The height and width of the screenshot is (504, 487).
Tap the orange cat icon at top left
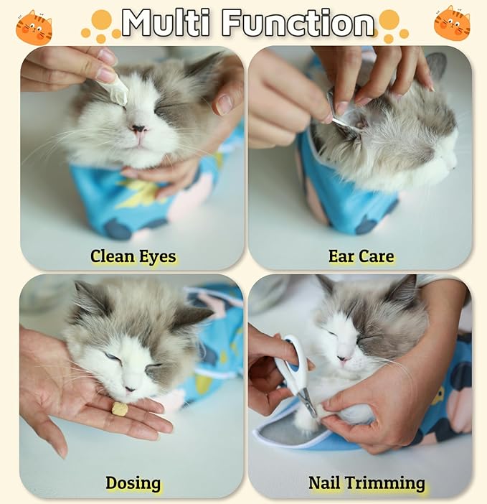(x=34, y=27)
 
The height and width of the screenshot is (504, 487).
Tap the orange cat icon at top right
(x=452, y=23)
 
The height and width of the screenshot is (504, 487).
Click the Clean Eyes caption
(x=133, y=256)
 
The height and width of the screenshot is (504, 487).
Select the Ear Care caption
(x=361, y=256)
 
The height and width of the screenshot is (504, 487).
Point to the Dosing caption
(x=133, y=482)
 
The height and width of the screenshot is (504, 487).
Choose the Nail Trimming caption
(x=367, y=482)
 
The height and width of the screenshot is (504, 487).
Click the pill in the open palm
(x=120, y=409)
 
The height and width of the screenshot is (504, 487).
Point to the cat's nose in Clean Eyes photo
(x=137, y=130)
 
